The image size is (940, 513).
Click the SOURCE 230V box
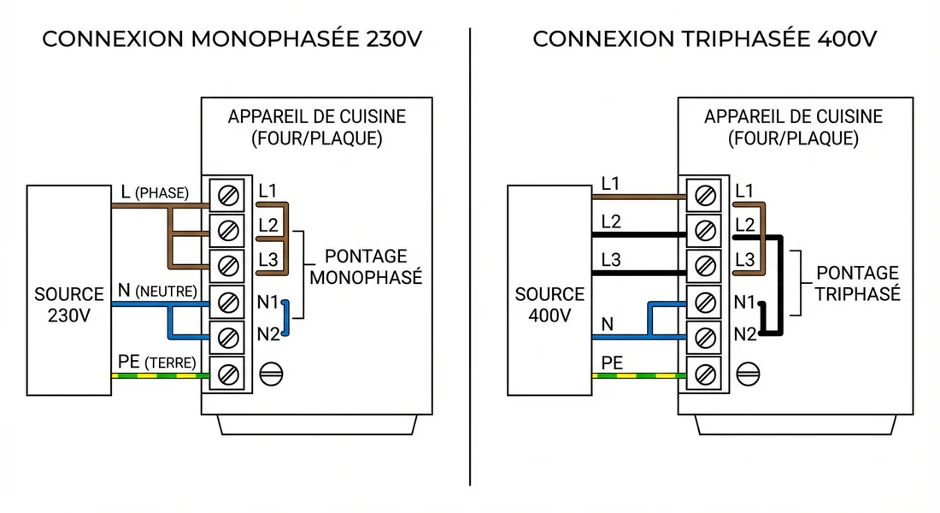(68, 291)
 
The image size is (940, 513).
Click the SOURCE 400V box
(549, 291)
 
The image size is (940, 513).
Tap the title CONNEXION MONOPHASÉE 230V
(232, 39)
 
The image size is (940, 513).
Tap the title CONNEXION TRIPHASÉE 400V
(705, 39)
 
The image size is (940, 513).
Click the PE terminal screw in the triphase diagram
(706, 374)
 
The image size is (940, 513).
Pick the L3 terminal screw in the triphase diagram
(706, 266)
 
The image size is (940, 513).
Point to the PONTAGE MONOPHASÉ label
(366, 268)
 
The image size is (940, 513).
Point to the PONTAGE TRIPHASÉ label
(857, 283)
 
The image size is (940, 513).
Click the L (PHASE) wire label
(154, 192)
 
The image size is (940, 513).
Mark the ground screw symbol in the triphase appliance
(750, 374)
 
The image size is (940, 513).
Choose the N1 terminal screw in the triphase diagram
(706, 302)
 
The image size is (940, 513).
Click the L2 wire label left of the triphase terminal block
(611, 221)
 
